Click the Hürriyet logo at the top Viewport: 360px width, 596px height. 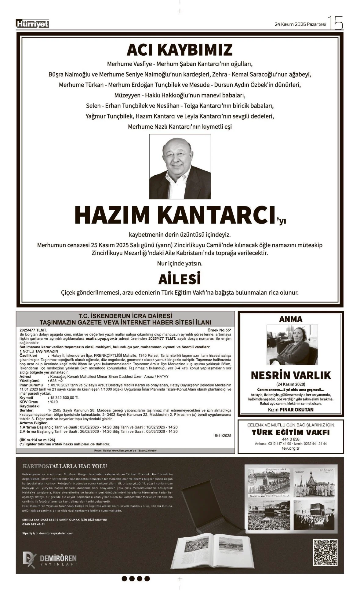click(x=32, y=24)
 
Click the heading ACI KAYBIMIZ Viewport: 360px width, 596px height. click(x=180, y=50)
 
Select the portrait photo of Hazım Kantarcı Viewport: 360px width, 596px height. click(x=180, y=166)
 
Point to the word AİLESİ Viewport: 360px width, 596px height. click(x=180, y=279)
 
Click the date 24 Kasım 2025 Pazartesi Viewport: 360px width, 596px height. click(x=300, y=24)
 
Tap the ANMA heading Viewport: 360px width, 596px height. click(x=291, y=319)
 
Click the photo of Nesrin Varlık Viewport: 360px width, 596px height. click(x=292, y=345)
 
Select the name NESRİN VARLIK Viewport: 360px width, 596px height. click(x=291, y=375)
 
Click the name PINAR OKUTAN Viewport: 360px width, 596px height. click(x=296, y=410)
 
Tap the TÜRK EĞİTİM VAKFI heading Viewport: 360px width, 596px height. click(x=291, y=432)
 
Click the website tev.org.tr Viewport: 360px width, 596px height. click(x=291, y=448)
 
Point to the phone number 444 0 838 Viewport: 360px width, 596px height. click(x=291, y=439)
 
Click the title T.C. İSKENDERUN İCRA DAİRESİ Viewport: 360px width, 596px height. click(x=125, y=316)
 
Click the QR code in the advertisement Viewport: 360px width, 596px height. click(x=325, y=552)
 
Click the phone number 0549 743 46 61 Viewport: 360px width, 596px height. click(x=34, y=524)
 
